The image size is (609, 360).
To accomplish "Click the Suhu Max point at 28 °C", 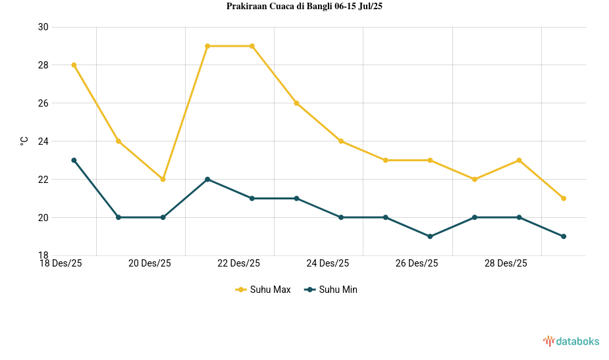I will point(74,65).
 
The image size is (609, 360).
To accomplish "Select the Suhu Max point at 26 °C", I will point(296,103).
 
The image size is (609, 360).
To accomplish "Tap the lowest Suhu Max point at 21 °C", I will point(564,198).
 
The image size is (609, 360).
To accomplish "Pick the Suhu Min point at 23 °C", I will point(74,160).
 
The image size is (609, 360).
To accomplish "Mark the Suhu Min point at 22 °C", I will point(207,179).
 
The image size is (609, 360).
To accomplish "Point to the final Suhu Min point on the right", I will point(564,236).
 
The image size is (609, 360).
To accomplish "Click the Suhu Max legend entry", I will point(263,290).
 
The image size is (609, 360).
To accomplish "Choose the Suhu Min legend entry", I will point(331,290).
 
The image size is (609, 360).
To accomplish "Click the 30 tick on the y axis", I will point(43,27).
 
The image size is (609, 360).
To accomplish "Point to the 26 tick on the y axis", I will point(43,103).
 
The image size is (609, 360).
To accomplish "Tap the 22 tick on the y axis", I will point(43,180).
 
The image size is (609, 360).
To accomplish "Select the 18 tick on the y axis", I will point(43,255).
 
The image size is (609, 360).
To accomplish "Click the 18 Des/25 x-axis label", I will point(61,263).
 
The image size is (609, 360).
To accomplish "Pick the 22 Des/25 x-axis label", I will point(238,263).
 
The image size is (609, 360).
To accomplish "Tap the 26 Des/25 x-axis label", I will point(417,263).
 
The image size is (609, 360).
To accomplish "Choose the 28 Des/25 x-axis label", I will point(506,263).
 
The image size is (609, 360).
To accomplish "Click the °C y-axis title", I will point(24,141).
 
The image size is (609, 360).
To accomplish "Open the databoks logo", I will point(571,341).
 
